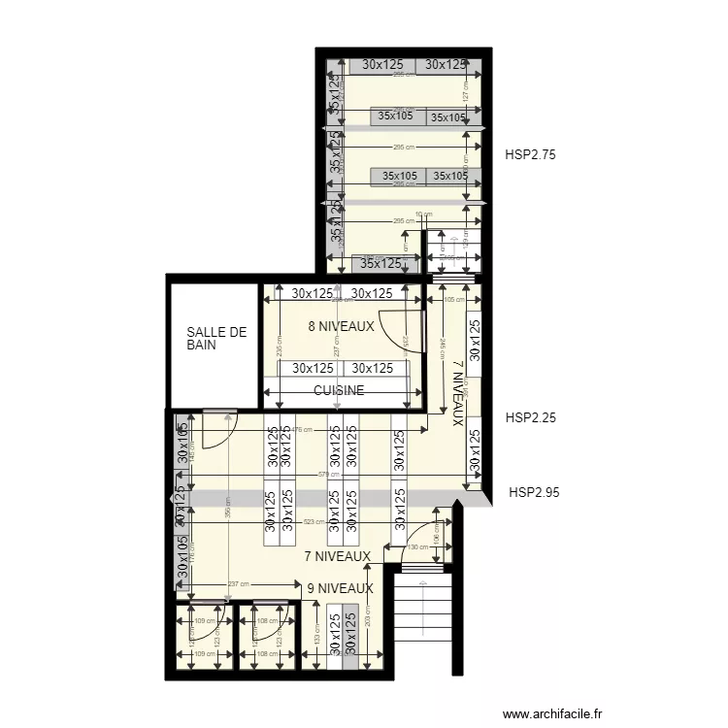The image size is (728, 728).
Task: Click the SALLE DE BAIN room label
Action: click(216, 338)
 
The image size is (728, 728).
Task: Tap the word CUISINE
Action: click(339, 390)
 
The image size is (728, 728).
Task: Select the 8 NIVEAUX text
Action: click(341, 327)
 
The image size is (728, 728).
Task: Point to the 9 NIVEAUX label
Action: click(340, 588)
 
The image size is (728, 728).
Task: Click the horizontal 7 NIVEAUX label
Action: click(337, 556)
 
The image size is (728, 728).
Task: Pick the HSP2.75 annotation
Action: click(530, 153)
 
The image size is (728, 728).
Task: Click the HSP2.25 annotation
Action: click(530, 418)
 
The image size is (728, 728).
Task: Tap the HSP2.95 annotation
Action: click(534, 492)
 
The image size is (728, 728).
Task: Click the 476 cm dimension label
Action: click(301, 429)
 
